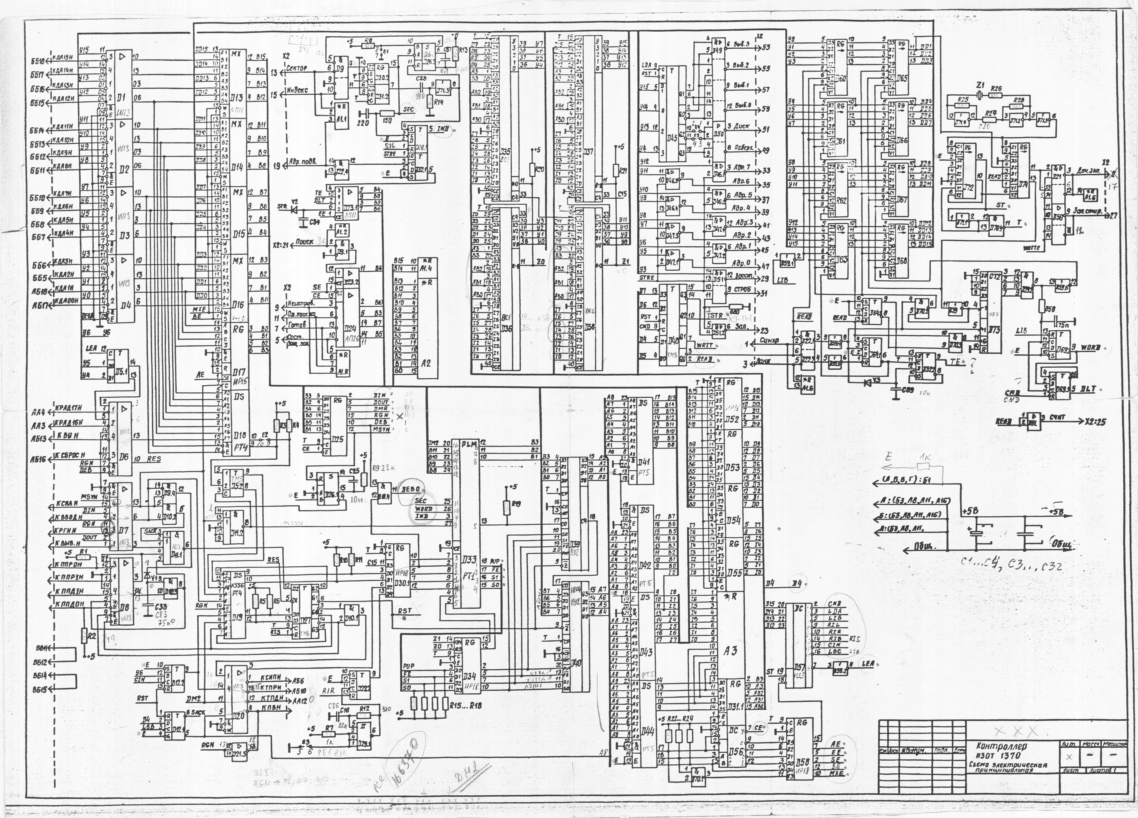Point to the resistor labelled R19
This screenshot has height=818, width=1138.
(x=506, y=507)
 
